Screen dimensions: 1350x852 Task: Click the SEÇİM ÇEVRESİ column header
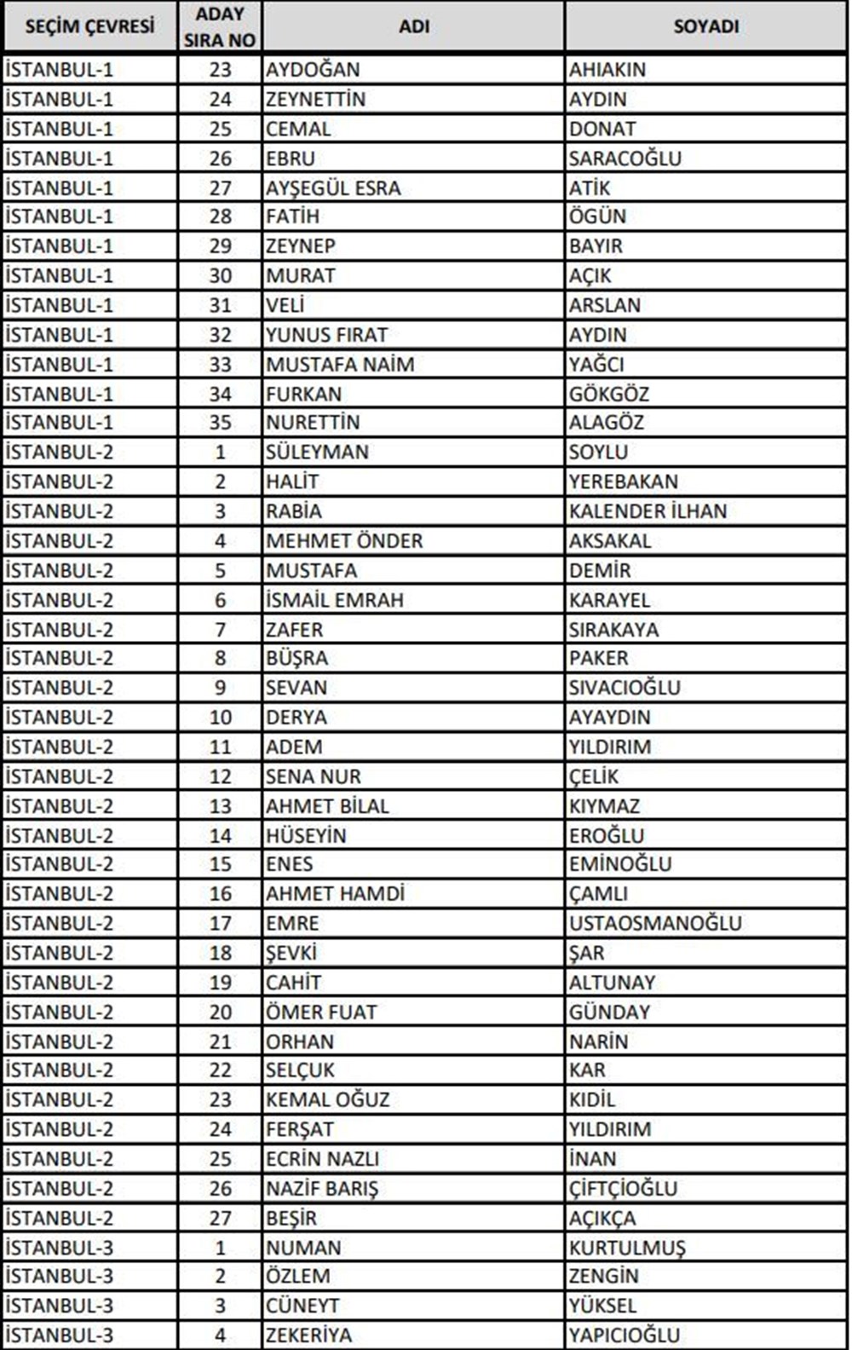pos(89,26)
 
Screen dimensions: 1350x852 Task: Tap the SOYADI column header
pos(705,26)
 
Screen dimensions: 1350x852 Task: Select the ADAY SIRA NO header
pos(220,26)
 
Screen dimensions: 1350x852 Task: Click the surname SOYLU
pos(598,452)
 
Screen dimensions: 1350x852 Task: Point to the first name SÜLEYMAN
pos(317,452)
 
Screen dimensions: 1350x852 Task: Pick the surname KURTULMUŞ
pos(627,1248)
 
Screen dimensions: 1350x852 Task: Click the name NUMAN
pos(303,1248)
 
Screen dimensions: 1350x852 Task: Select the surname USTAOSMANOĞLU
pos(655,923)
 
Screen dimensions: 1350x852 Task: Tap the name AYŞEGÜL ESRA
pos(333,187)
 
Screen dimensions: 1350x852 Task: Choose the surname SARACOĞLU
pos(625,159)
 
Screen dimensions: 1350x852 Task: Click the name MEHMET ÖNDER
pos(344,540)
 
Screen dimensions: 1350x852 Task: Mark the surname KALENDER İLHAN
pos(648,511)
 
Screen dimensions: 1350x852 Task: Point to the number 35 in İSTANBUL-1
pos(220,422)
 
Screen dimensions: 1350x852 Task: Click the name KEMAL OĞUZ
pos(328,1099)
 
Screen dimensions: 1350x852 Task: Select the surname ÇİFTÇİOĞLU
pos(624,1188)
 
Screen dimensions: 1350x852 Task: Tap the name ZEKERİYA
pos(308,1336)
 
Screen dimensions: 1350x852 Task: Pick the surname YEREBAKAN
pos(624,482)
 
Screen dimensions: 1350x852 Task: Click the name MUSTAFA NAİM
pos(340,364)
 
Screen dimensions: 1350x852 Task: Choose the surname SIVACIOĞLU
pos(625,688)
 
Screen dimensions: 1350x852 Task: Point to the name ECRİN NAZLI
pos(322,1159)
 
